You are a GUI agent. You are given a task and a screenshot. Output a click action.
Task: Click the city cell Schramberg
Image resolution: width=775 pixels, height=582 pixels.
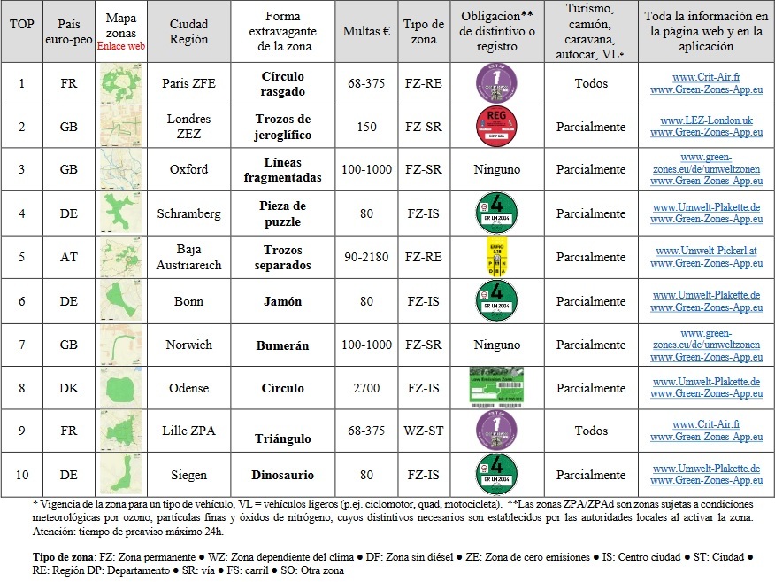(x=189, y=213)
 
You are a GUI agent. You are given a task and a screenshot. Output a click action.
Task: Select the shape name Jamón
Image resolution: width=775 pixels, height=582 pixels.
(x=282, y=301)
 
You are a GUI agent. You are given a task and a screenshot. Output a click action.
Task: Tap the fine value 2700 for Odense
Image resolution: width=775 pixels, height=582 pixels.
(x=366, y=388)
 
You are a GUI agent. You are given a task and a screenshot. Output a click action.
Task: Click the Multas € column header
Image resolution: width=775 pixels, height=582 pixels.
(x=366, y=31)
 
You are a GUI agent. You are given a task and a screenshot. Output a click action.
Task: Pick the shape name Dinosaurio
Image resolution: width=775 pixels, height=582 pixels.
(x=282, y=475)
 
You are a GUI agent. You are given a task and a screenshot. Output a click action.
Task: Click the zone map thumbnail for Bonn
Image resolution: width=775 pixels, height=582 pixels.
(x=120, y=301)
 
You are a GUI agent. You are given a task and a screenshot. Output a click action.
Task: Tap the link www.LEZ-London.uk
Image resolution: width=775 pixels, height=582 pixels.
(x=706, y=120)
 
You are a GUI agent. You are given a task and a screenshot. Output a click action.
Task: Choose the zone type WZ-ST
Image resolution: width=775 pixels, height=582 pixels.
(x=425, y=431)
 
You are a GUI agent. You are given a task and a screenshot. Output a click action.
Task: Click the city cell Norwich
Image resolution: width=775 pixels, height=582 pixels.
(x=189, y=345)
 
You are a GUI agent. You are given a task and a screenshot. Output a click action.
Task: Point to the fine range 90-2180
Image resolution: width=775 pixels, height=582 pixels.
(x=366, y=257)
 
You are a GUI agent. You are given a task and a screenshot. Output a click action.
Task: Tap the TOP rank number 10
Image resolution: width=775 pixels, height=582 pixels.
(x=22, y=475)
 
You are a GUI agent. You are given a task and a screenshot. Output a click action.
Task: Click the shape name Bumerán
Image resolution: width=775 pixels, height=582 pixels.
(x=282, y=345)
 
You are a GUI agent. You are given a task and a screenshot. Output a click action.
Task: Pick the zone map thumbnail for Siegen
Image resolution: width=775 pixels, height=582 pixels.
(x=120, y=475)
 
